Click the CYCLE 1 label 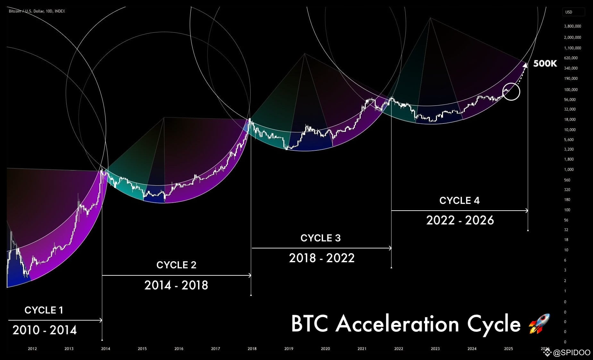pyautogui.click(x=44, y=310)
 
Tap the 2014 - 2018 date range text pyautogui.click(x=176, y=285)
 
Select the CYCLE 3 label pyautogui.click(x=320, y=238)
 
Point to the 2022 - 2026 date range pyautogui.click(x=460, y=220)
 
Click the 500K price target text pyautogui.click(x=545, y=63)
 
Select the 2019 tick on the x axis pyautogui.click(x=288, y=348)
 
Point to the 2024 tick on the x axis pyautogui.click(x=472, y=348)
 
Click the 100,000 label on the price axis pyautogui.click(x=571, y=89)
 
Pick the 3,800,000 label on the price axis pyautogui.click(x=572, y=26)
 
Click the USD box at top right pyautogui.click(x=573, y=12)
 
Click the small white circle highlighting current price pyautogui.click(x=511, y=92)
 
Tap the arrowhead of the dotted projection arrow pyautogui.click(x=525, y=65)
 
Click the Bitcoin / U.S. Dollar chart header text pyautogui.click(x=37, y=11)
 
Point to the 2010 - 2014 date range pyautogui.click(x=45, y=330)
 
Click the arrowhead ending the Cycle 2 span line pyautogui.click(x=250, y=275)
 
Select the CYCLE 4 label pyautogui.click(x=459, y=200)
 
